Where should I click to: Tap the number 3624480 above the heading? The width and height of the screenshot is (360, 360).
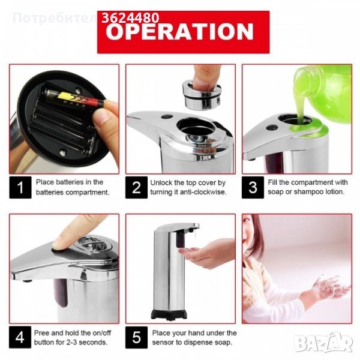click(x=130, y=17)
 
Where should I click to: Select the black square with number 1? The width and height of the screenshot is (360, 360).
click(x=20, y=187)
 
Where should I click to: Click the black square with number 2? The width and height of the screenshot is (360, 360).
click(x=136, y=187)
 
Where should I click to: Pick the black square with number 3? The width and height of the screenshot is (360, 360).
click(x=253, y=187)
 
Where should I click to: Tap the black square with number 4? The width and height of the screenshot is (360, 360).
click(x=20, y=337)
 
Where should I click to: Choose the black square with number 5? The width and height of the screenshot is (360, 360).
click(x=136, y=337)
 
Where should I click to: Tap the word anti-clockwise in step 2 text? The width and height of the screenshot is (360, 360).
click(x=203, y=192)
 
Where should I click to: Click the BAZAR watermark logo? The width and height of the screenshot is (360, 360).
click(x=323, y=342)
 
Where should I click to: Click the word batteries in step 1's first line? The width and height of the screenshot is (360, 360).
click(x=70, y=182)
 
